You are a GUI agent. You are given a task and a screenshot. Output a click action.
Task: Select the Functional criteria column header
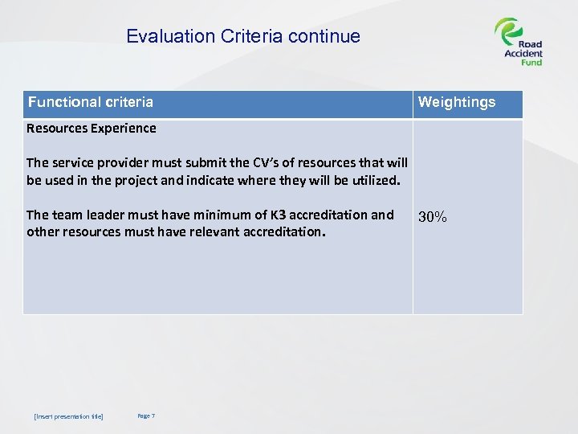pyautogui.click(x=91, y=102)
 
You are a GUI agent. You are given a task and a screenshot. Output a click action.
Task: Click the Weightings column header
pyautogui.click(x=457, y=102)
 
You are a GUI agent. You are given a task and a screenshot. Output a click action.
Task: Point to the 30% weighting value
pyautogui.click(x=433, y=217)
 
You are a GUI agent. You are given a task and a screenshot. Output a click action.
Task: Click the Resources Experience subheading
pyautogui.click(x=91, y=128)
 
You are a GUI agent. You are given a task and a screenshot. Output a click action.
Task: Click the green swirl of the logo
pyautogui.click(x=507, y=32)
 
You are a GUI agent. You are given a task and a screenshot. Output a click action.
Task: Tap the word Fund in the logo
pyautogui.click(x=531, y=63)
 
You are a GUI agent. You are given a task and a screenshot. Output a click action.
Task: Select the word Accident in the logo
pyautogui.click(x=523, y=54)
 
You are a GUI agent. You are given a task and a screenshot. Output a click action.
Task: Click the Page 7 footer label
pyautogui.click(x=146, y=416)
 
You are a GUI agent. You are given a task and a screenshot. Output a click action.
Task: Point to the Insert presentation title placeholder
pyautogui.click(x=68, y=416)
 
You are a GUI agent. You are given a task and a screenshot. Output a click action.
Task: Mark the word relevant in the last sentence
pyautogui.click(x=203, y=231)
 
